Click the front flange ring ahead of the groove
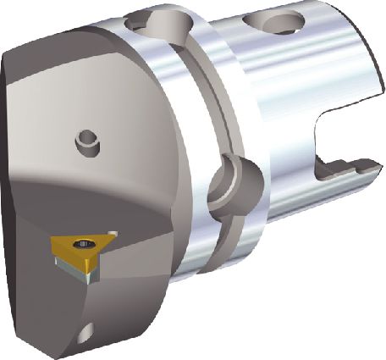[x=169, y=169]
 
